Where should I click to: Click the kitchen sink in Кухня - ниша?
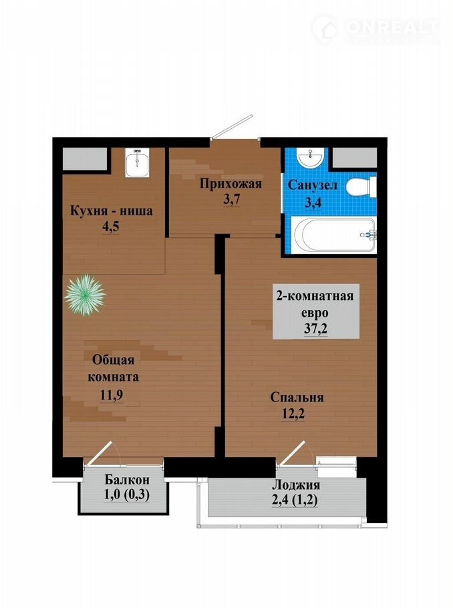(x=138, y=162)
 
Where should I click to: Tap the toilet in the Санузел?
(x=361, y=187)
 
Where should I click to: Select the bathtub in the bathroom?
(x=334, y=235)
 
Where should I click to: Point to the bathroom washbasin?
(x=309, y=157)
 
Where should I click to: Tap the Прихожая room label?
(x=231, y=184)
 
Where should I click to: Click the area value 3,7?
(x=232, y=200)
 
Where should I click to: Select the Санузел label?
(x=312, y=185)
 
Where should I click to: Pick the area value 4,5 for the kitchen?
(x=110, y=226)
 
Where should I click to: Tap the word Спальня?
(x=297, y=397)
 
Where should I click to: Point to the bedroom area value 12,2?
(x=293, y=414)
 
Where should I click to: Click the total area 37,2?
(x=316, y=329)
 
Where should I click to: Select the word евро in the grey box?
(x=317, y=313)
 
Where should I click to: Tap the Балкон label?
(x=127, y=480)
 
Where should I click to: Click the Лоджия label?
(x=296, y=485)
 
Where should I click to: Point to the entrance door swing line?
(x=232, y=126)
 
